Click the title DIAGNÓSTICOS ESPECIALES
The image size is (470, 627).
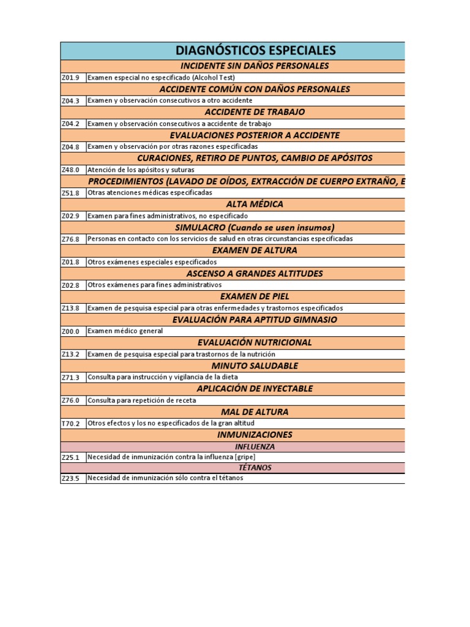pos(255,50)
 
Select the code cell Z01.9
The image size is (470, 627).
pos(71,78)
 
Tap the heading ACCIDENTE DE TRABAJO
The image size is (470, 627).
pos(255,112)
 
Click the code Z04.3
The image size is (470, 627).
pos(71,101)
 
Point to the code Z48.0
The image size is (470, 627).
pos(71,170)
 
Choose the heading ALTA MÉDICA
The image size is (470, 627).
pos(255,204)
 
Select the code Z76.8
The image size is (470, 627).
pos(71,239)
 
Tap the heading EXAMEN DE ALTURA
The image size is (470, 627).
pos(255,250)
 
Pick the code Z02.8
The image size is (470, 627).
pos(71,285)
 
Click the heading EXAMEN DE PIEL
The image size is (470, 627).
pos(255,296)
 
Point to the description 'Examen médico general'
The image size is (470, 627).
pos(125,331)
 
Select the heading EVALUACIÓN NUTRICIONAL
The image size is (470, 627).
pos(255,342)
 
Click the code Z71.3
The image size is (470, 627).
pos(71,378)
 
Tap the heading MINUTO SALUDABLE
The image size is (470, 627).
pos(255,366)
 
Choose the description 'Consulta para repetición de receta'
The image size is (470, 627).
pos(142,400)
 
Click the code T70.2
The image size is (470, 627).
pos(71,424)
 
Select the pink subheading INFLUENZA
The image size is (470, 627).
pos(255,446)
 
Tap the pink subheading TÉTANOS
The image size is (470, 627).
pos(255,467)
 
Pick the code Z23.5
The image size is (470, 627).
pos(71,479)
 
